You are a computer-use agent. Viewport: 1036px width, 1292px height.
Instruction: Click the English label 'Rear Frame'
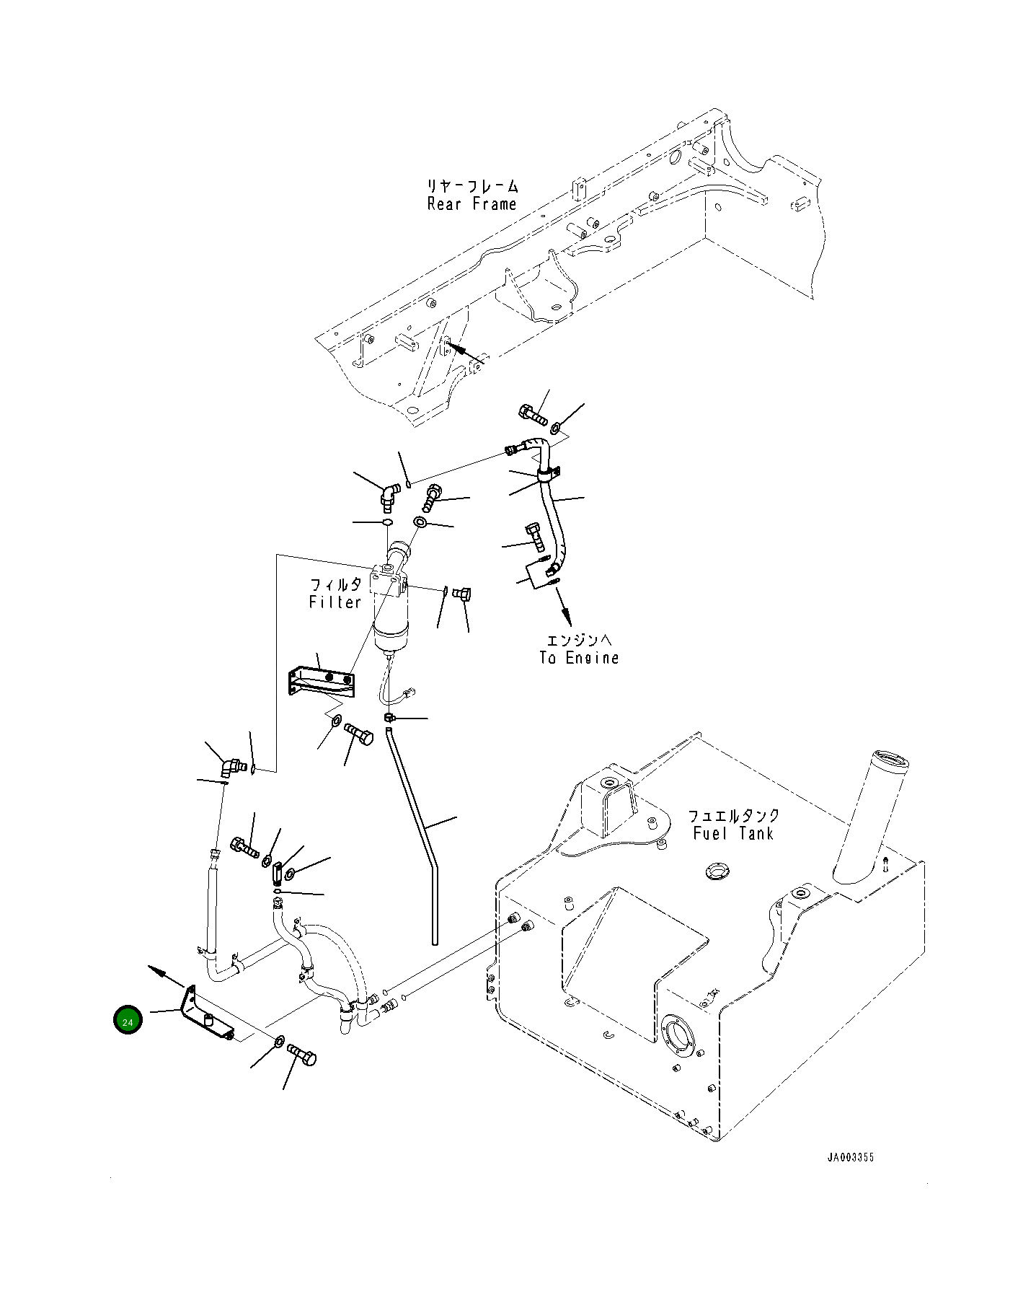pos(471,204)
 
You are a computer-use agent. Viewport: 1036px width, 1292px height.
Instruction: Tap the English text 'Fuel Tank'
pos(732,833)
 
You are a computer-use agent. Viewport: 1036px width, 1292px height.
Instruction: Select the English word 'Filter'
pos(335,602)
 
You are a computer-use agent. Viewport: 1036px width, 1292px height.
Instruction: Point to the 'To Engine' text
pos(579,658)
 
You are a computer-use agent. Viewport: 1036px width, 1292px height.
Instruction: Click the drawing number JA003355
pos(851,1157)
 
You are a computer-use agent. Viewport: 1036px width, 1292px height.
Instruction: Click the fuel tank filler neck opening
pos(890,759)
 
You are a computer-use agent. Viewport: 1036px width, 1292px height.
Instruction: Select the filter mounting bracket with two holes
pos(322,681)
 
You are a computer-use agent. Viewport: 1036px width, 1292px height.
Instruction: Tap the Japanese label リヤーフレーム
pos(472,187)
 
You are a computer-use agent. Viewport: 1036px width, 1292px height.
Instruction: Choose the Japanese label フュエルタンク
pos(733,816)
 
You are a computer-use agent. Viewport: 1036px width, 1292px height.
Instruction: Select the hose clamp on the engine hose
pos(549,475)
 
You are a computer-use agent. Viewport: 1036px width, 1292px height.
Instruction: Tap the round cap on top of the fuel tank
pos(717,871)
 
